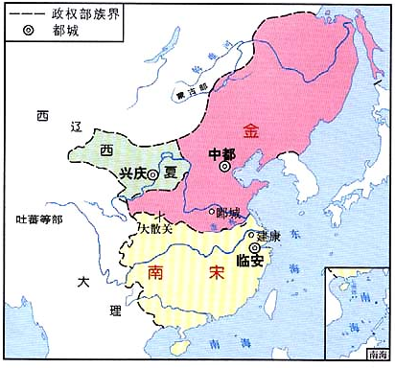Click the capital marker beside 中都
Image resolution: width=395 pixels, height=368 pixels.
pos(224,166)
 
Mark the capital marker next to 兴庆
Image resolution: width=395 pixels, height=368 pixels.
pos(152,173)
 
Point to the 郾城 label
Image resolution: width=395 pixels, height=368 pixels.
pos(228,213)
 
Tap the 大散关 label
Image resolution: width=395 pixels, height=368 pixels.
pos(155,230)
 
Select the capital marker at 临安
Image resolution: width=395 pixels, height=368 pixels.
pos(253,247)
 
